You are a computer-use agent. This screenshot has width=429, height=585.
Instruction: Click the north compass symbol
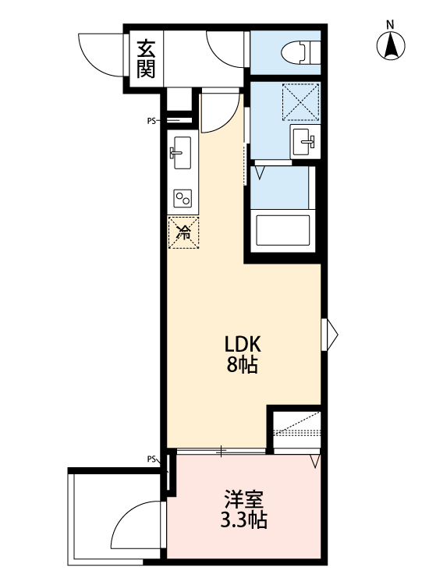[x=391, y=46]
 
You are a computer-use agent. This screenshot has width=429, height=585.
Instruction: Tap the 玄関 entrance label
[x=146, y=60]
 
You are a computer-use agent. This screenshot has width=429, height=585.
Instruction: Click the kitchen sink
[x=181, y=151]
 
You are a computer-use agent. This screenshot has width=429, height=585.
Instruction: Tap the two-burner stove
[x=183, y=198]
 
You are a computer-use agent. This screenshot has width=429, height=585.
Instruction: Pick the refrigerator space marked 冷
[x=183, y=232]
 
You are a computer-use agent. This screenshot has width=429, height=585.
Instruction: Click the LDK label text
[x=242, y=344]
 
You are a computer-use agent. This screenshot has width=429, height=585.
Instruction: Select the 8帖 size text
[x=242, y=364]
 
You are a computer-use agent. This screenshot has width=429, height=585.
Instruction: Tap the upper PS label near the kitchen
[x=151, y=121]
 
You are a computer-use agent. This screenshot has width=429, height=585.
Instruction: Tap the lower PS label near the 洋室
[x=151, y=459]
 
